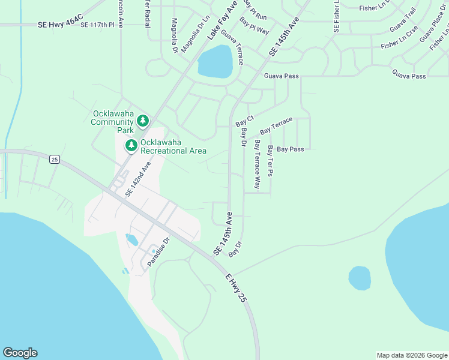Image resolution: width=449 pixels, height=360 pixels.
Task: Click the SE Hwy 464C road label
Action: point(59,25)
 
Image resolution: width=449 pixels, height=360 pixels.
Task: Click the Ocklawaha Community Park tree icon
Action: point(143,121)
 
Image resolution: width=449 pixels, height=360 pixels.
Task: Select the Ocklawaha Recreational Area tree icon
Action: point(131,145)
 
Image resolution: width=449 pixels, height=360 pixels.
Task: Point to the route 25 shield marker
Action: point(55,159)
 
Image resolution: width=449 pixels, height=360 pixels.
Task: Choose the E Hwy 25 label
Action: point(236,287)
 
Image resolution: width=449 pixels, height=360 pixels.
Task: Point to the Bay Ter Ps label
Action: point(271,161)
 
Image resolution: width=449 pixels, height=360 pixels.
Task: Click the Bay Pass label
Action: point(290,149)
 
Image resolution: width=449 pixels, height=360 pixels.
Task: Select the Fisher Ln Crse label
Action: point(399,40)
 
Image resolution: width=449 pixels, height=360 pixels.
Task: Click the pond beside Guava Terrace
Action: point(215,62)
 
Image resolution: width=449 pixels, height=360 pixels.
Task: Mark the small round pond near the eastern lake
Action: point(360,278)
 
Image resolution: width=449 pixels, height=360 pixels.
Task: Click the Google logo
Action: point(20,353)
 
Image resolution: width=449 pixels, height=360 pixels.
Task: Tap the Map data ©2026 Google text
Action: point(412,355)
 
